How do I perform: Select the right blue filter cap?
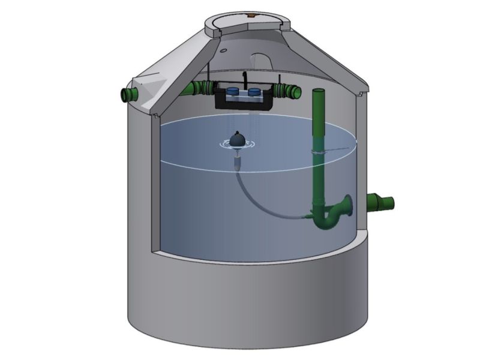click(254, 92)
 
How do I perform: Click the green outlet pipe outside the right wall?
click(381, 202)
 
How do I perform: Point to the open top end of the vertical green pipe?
click(319, 91)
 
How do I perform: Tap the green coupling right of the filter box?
click(287, 91)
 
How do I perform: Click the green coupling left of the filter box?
click(201, 88)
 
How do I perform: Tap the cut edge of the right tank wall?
click(359, 162)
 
